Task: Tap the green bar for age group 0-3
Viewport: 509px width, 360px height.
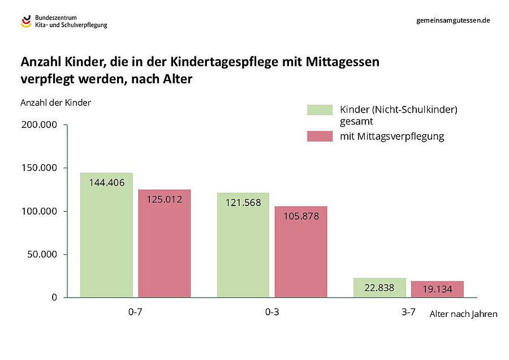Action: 243,249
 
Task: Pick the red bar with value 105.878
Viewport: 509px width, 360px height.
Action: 301,255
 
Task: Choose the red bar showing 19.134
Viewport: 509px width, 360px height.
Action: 437,289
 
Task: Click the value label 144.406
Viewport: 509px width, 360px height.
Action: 106,182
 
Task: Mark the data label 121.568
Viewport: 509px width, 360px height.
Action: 243,202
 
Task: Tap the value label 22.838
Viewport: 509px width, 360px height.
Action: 379,288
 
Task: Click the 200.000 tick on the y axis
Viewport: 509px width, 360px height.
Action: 39,125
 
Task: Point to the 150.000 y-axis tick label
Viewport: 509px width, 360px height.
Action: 39,168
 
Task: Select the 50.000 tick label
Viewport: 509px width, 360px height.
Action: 41,254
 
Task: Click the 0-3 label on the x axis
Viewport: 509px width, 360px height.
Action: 271,312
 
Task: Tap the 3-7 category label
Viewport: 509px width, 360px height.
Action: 408,311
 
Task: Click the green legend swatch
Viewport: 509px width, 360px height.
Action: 320,110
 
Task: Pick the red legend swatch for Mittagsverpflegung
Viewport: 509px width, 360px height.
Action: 320,136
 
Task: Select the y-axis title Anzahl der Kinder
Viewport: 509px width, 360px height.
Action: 55,102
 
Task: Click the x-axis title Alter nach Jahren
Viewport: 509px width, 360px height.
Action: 463,314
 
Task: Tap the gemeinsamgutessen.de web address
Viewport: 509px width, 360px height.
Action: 452,20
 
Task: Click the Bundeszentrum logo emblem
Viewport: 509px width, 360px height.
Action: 26,22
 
